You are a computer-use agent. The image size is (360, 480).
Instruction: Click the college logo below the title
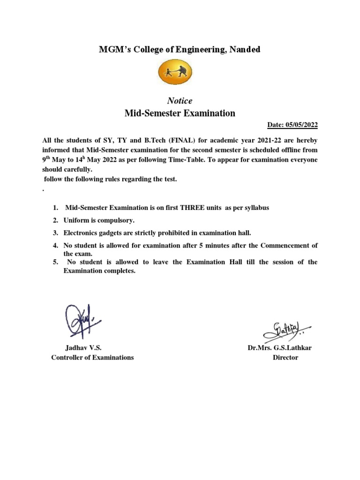pos(180,72)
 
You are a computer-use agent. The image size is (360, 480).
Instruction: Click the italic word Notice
pos(180,101)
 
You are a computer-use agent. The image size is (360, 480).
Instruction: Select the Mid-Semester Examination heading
pos(180,113)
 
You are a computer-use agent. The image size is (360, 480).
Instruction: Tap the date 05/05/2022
pos(301,125)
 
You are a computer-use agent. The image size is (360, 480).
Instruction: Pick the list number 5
pos(55,262)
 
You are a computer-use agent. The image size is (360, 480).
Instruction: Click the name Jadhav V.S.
pos(83,348)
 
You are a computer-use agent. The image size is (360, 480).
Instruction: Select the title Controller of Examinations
pos(92,358)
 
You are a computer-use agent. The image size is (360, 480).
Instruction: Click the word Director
pos(285,358)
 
